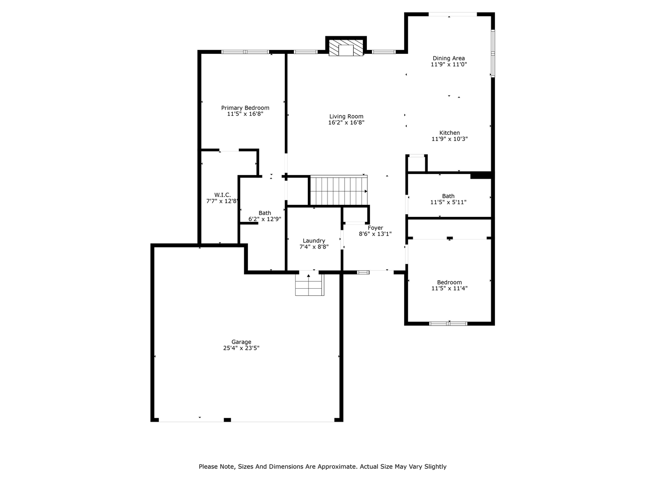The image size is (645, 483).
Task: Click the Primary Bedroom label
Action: click(245, 108)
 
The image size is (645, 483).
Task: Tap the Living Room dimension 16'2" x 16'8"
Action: click(346, 122)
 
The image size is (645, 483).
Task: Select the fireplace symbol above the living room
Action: click(346, 49)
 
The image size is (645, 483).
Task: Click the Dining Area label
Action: click(448, 58)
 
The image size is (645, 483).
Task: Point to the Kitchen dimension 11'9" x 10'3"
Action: click(449, 139)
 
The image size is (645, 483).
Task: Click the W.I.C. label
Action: click(222, 195)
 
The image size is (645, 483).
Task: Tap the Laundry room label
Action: click(313, 240)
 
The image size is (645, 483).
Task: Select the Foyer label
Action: click(375, 228)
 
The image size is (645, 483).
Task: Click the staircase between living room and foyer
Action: click(338, 191)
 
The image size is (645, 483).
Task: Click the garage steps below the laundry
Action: click(308, 285)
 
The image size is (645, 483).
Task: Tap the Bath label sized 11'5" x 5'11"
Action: click(448, 196)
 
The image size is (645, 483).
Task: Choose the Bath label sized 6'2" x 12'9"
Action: click(265, 213)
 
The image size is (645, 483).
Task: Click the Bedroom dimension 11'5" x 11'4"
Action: click(449, 289)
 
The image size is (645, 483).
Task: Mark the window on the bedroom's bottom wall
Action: click(448, 324)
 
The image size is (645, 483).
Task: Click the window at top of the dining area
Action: click(452, 15)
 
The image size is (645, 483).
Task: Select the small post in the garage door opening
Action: click(227, 420)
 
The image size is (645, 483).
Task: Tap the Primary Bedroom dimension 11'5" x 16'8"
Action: click(245, 114)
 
